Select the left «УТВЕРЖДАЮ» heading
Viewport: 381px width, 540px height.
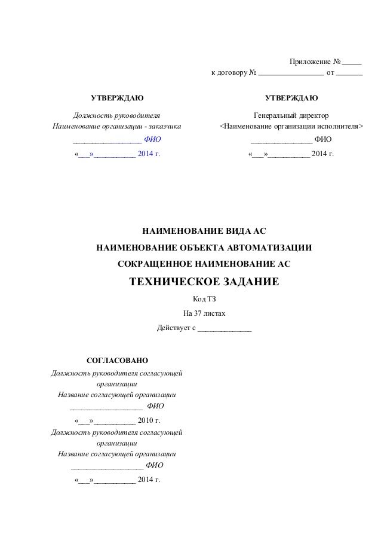(116, 98)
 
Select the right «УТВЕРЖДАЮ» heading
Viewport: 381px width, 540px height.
(291, 98)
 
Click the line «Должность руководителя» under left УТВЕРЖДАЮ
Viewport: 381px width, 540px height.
(116, 115)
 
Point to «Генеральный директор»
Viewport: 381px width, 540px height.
(291, 115)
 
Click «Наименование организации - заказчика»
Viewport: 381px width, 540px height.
(117, 127)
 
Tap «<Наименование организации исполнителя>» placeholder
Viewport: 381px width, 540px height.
(291, 127)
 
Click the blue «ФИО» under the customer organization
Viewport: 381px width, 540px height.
(153, 140)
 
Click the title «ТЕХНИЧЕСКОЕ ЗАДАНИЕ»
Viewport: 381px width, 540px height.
(204, 282)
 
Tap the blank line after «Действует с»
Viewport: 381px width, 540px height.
(225, 328)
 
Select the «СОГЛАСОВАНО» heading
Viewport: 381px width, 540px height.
(117, 361)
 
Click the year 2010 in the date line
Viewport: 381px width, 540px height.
(146, 420)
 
